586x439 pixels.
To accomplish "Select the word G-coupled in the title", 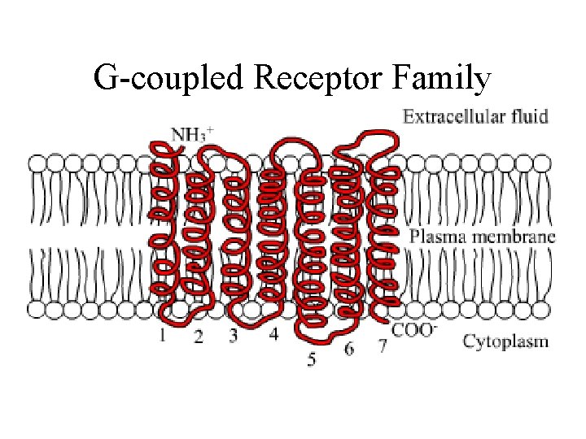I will click(169, 79).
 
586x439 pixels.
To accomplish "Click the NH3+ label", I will click(192, 133).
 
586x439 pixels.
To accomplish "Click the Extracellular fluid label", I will click(475, 115).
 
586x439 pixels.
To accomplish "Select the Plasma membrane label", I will click(482, 237).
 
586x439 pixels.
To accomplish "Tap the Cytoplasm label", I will click(505, 341).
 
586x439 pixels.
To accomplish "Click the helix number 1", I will click(164, 335).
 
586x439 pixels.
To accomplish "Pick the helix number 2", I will click(199, 336).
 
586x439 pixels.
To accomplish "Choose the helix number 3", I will click(234, 335).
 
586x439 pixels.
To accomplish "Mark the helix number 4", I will click(273, 333).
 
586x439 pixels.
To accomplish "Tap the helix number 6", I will click(349, 349).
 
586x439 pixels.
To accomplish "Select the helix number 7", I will click(382, 347).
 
